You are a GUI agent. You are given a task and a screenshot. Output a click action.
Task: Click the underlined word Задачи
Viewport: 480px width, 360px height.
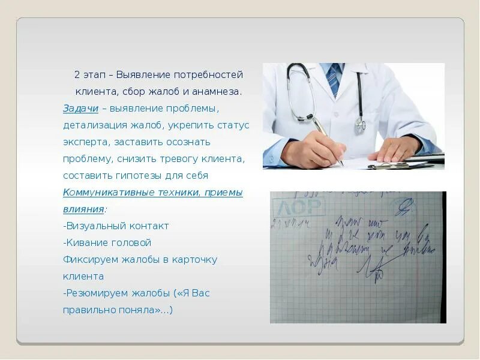[x=80, y=109]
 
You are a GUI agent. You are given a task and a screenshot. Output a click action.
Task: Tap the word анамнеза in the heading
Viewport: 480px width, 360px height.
[x=218, y=92]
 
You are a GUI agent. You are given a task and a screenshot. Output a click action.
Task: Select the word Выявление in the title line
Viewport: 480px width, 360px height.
[x=143, y=75]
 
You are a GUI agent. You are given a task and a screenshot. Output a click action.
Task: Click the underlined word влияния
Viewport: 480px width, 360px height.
[x=83, y=209]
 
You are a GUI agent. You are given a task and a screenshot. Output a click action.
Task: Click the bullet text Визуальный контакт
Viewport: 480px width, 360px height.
[x=118, y=226]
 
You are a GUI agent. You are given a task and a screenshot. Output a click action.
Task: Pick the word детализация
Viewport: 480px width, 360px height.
[x=92, y=125]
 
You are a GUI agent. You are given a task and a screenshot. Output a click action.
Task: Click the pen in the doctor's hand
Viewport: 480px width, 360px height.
[x=328, y=140]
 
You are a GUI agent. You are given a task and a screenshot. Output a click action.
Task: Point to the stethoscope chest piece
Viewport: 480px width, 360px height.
[x=360, y=124]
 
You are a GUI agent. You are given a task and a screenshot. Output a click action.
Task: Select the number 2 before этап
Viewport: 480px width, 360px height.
[x=77, y=75]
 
